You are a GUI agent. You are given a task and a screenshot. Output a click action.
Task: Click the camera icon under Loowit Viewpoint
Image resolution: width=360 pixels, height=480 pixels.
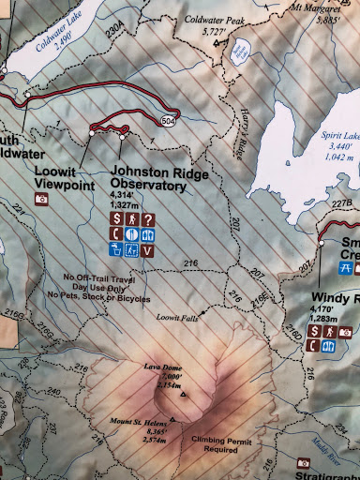(x=40, y=200)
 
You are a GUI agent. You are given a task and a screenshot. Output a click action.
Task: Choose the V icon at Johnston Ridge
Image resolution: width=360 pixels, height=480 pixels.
(x=148, y=250)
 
